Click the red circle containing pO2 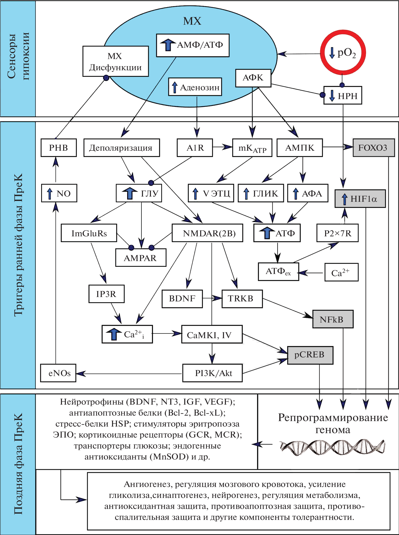coord(343,52)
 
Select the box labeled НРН coord(343,96)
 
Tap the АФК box coord(253,78)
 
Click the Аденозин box coord(195,87)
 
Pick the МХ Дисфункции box coord(115,61)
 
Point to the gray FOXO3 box coord(373,148)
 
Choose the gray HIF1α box coord(360,198)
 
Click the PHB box coord(58,148)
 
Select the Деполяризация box coord(121,148)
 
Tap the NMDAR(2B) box coord(207,233)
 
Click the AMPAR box coord(141,258)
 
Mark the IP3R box coord(106,294)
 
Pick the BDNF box coord(182,299)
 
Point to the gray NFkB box coord(333,319)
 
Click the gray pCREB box coord(310,355)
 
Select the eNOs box coord(58,373)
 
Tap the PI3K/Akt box coord(213,373)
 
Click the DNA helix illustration coord(332,447)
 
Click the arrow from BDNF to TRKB coord(212,298)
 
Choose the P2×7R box coord(337,233)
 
